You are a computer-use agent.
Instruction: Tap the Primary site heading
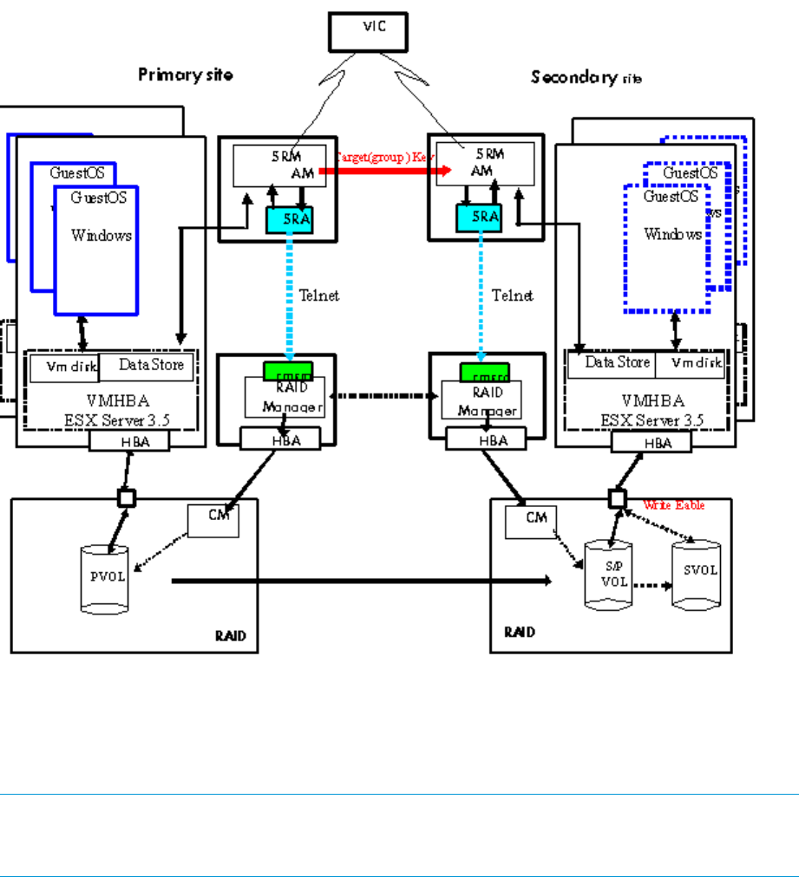point(185,75)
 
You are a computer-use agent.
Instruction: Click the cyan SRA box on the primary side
point(289,220)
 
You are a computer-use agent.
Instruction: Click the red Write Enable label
point(674,504)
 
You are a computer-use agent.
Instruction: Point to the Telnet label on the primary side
point(318,296)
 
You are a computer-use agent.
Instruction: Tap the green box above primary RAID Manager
point(288,371)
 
